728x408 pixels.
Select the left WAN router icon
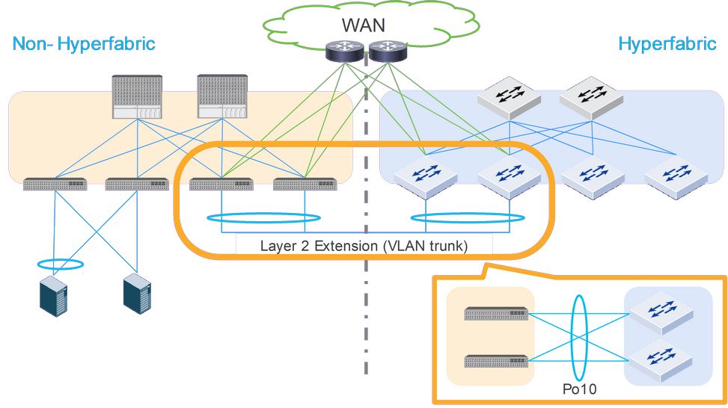343,52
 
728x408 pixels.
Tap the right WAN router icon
386,52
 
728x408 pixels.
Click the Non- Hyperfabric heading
84,43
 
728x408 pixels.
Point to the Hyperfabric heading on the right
667,43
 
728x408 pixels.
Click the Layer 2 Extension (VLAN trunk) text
364,245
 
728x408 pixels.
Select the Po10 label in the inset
581,389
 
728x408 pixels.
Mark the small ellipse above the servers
59,264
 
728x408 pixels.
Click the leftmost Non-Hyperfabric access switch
55,184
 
